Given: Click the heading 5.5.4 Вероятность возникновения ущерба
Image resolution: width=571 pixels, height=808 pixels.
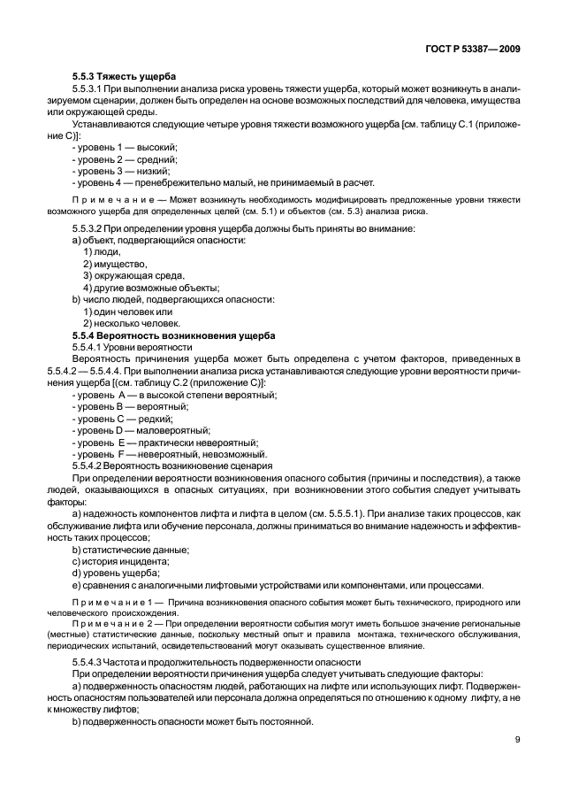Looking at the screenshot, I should (x=173, y=335).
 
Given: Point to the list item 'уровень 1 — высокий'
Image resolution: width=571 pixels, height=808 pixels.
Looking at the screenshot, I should (x=125, y=146).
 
